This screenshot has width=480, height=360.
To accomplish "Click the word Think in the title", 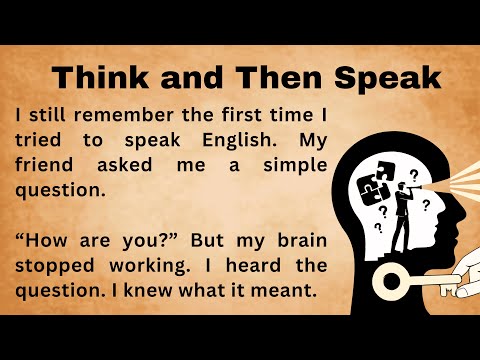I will (96, 77).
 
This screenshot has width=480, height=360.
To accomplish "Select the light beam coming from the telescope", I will (455, 165).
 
